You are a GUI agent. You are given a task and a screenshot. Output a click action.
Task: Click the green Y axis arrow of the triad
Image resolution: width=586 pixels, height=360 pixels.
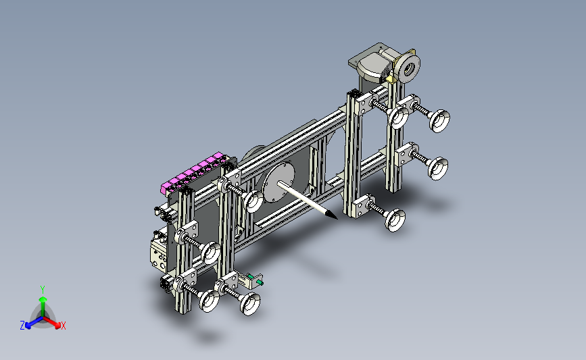[43, 306]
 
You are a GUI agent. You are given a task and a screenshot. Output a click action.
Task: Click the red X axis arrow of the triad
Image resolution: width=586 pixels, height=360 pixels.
[51, 322]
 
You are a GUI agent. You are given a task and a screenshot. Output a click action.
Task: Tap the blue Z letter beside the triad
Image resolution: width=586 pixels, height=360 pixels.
[22, 326]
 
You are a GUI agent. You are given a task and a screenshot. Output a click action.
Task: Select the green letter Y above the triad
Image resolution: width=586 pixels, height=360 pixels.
[43, 290]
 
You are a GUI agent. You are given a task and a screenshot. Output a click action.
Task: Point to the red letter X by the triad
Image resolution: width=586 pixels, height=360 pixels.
[63, 326]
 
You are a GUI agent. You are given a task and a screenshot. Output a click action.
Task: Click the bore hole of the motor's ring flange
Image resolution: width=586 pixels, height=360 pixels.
[409, 68]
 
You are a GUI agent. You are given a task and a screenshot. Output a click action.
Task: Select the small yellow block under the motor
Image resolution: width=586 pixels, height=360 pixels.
[391, 79]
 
